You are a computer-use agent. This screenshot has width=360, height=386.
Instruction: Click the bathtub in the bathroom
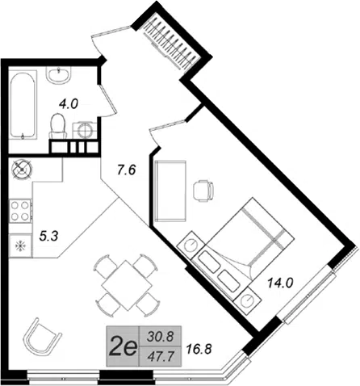(x=23, y=105)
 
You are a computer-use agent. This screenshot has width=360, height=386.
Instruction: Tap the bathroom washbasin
(x=58, y=74)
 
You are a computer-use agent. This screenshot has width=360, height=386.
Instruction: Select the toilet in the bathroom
(x=58, y=126)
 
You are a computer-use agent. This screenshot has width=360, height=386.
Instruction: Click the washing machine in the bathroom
(x=85, y=131)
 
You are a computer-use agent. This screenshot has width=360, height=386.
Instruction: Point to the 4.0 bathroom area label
(x=69, y=103)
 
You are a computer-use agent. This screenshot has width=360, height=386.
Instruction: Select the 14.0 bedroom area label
(x=280, y=283)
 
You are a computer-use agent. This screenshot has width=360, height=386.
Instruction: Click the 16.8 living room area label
(x=199, y=349)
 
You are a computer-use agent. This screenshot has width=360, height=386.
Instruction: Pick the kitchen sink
(x=22, y=169)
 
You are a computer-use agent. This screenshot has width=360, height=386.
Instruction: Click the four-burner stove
(x=20, y=211)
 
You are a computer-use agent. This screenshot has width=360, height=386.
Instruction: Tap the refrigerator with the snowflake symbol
(x=20, y=245)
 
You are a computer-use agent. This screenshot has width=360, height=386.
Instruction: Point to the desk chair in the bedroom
(x=203, y=191)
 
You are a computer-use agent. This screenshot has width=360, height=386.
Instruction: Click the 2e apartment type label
(x=123, y=346)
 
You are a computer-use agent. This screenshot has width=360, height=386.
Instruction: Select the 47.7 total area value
(x=161, y=356)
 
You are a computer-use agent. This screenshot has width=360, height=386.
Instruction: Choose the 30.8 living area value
(x=161, y=337)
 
